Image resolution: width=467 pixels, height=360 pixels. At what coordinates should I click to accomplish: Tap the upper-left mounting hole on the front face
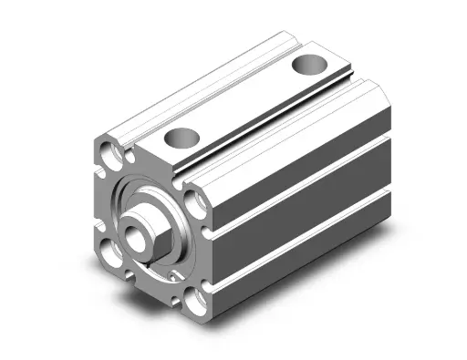point(113,149)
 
